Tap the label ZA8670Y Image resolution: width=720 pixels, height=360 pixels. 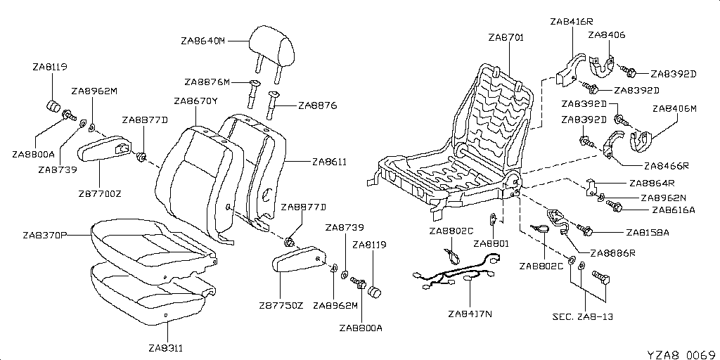coord(195,101)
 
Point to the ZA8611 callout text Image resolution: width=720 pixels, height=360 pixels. coord(329,161)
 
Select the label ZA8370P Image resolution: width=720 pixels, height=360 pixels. coord(44,234)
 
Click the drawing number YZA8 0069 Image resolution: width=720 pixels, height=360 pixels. coord(681,352)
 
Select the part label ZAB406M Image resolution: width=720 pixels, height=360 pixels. coord(674,109)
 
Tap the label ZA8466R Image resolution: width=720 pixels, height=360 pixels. coord(666,167)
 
